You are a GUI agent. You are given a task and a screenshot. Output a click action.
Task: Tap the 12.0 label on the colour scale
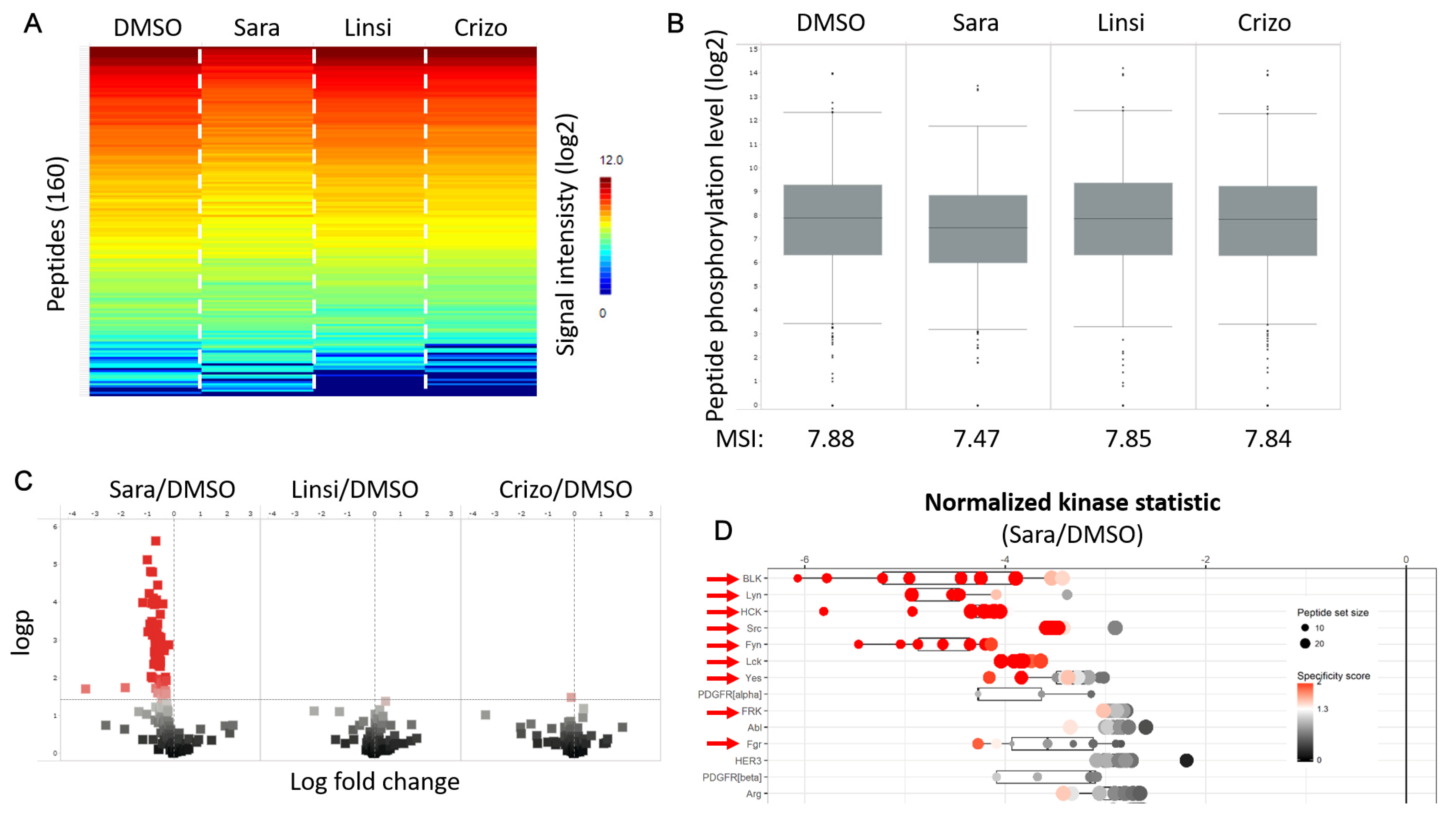point(611,160)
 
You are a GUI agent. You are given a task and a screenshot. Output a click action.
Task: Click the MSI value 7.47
point(976,439)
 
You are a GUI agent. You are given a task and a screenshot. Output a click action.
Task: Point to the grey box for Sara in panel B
point(977,229)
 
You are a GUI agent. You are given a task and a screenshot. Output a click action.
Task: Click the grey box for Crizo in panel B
point(1267,221)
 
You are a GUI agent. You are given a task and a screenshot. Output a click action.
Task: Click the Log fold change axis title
point(375,782)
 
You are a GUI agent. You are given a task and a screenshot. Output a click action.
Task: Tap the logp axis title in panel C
point(21,632)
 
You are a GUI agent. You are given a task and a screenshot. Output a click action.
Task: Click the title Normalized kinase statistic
point(1072,502)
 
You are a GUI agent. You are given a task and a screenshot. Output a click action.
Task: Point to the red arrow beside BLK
point(722,579)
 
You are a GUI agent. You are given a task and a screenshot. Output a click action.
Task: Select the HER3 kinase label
point(747,761)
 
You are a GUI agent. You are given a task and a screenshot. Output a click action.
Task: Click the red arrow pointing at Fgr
point(722,744)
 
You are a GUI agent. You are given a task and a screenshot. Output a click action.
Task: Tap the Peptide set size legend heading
point(1332,612)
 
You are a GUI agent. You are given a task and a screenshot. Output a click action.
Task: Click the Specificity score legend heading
point(1333,676)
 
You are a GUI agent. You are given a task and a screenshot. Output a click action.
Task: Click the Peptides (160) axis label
point(56,233)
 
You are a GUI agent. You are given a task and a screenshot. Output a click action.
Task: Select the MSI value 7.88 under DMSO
point(830,439)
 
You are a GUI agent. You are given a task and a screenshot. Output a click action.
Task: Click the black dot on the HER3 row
point(1186,760)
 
